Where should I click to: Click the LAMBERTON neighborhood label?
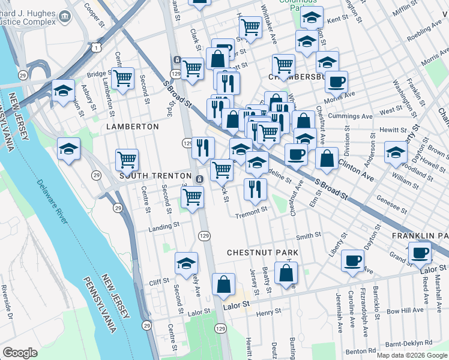coord(132,127)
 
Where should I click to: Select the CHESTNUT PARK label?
coord(262,253)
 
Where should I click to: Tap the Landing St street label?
coord(164,226)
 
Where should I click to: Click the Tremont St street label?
coord(251,212)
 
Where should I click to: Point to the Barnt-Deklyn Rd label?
coord(409,344)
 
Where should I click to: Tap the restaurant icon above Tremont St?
coord(256,189)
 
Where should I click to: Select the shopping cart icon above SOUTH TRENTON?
coord(127,160)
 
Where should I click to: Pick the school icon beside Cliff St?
coord(186,263)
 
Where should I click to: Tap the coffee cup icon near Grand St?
coord(420,252)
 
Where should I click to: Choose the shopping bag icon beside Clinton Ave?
coord(327,158)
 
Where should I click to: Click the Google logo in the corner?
coord(20,353)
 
